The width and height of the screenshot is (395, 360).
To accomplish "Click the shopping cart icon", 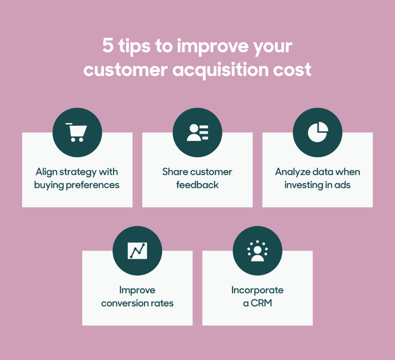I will tap(77, 132).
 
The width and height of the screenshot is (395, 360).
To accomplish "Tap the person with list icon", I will tap(197, 132).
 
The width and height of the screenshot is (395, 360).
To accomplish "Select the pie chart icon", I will tap(317, 132).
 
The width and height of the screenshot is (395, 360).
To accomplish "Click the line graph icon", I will tap(137, 251).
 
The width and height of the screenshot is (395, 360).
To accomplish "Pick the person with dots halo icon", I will tap(257, 251).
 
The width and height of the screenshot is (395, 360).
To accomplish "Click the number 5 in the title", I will tap(108, 47).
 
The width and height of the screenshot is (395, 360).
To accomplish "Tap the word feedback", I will tap(197, 185).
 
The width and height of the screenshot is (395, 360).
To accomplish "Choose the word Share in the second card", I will tap(173, 172).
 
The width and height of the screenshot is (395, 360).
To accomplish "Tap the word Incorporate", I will tap(257, 290).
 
